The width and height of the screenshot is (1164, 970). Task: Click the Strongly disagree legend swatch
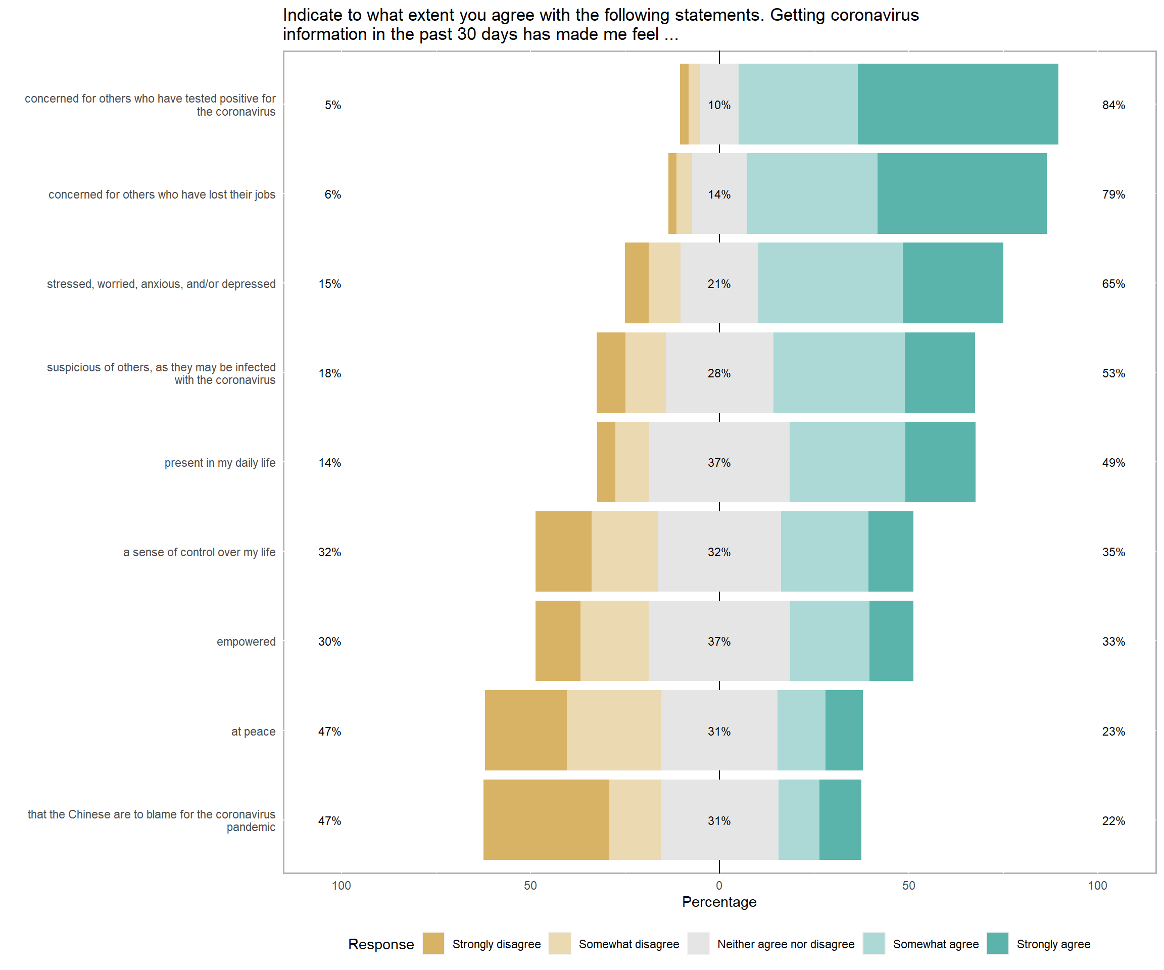coord(433,943)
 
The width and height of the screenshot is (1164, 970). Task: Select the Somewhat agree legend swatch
coord(874,943)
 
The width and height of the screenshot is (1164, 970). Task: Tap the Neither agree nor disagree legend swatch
coord(698,943)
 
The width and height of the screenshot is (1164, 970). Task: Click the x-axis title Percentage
coord(719,902)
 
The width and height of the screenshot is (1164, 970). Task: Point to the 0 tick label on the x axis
coord(719,885)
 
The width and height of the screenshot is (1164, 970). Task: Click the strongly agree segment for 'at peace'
coord(844,730)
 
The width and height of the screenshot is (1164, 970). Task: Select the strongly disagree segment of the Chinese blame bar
coord(546,819)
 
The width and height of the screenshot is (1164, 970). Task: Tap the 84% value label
coord(1113,105)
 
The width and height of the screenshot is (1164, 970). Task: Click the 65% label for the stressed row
coord(1113,284)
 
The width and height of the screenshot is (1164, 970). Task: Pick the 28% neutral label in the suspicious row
coord(719,373)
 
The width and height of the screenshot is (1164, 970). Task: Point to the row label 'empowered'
coord(246,641)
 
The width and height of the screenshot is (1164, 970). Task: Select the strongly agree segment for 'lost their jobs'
coord(962,193)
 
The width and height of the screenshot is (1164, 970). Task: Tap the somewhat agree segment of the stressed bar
coord(830,283)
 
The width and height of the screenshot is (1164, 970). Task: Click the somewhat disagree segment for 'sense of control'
coord(624,551)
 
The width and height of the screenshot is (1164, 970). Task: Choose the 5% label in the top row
coord(332,105)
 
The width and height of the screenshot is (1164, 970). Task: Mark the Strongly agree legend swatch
coord(997,943)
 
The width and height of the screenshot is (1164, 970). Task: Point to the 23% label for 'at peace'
coord(1113,731)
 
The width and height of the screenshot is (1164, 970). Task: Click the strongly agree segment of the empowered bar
coord(891,641)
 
